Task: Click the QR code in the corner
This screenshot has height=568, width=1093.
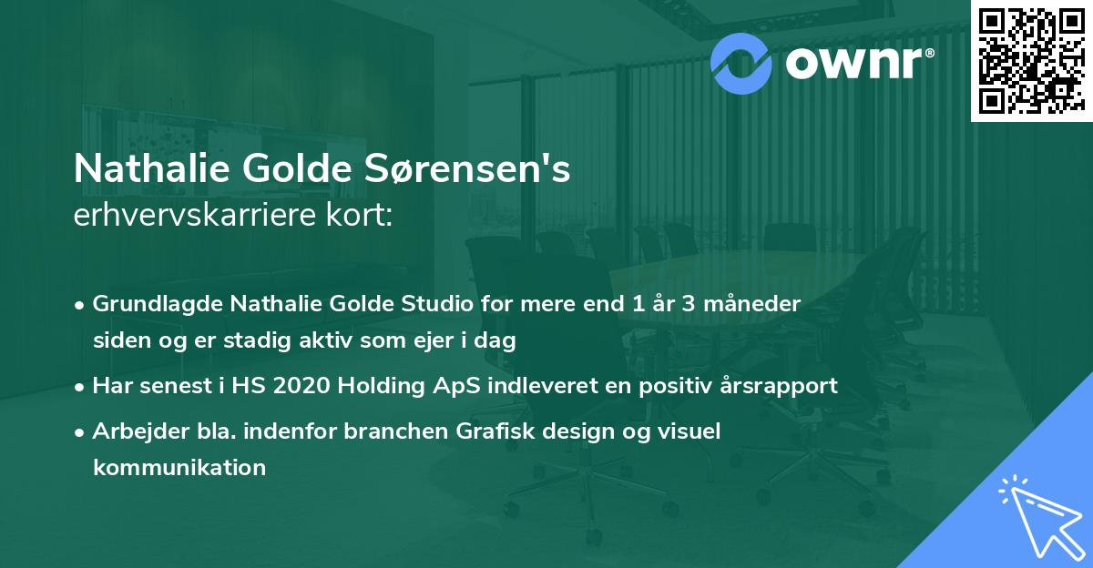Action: pyautogui.click(x=1031, y=61)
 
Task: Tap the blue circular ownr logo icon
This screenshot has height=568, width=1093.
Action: pyautogui.click(x=742, y=62)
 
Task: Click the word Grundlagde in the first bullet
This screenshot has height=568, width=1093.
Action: pyautogui.click(x=147, y=304)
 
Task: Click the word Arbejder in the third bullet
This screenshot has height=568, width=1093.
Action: pyautogui.click(x=131, y=431)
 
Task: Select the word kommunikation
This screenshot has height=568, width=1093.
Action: pyautogui.click(x=179, y=468)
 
